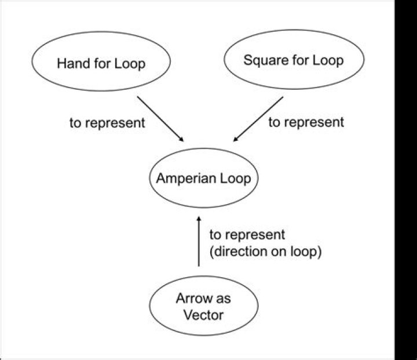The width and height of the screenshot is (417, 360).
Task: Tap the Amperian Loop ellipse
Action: click(203, 178)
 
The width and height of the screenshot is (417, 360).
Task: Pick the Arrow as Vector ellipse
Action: click(198, 307)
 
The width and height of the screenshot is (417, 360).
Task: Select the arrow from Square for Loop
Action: click(258, 119)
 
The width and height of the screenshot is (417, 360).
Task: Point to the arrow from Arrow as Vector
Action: click(199, 241)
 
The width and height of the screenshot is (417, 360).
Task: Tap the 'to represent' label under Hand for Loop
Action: click(107, 123)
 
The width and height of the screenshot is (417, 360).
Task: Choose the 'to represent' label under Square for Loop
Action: click(306, 122)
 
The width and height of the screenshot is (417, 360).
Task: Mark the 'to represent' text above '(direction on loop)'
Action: click(247, 235)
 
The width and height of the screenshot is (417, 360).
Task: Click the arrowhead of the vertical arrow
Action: click(199, 219)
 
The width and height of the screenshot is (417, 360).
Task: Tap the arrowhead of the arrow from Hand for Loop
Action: click(181, 139)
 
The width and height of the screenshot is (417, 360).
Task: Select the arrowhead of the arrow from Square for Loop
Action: click(236, 139)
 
